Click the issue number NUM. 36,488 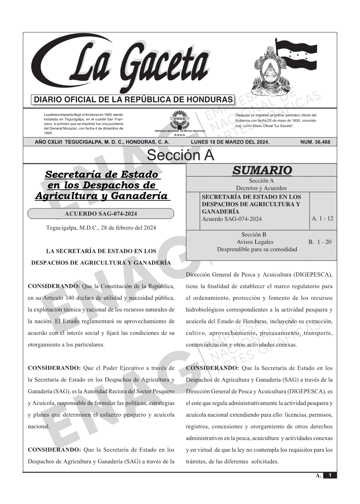click(x=315, y=142)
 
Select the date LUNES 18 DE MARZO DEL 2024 click(x=230, y=142)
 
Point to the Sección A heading click(x=180, y=155)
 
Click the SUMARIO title click(x=262, y=170)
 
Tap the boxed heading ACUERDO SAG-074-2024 click(x=101, y=214)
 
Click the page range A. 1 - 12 click(x=322, y=218)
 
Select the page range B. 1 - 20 click(x=320, y=242)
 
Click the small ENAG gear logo click(x=179, y=119)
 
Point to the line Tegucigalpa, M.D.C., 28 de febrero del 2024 click(x=101, y=228)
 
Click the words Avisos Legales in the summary click(x=255, y=242)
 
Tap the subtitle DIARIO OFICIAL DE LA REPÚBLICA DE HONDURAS click(x=133, y=100)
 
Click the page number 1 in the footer click(x=330, y=475)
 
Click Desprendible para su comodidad click(x=257, y=249)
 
